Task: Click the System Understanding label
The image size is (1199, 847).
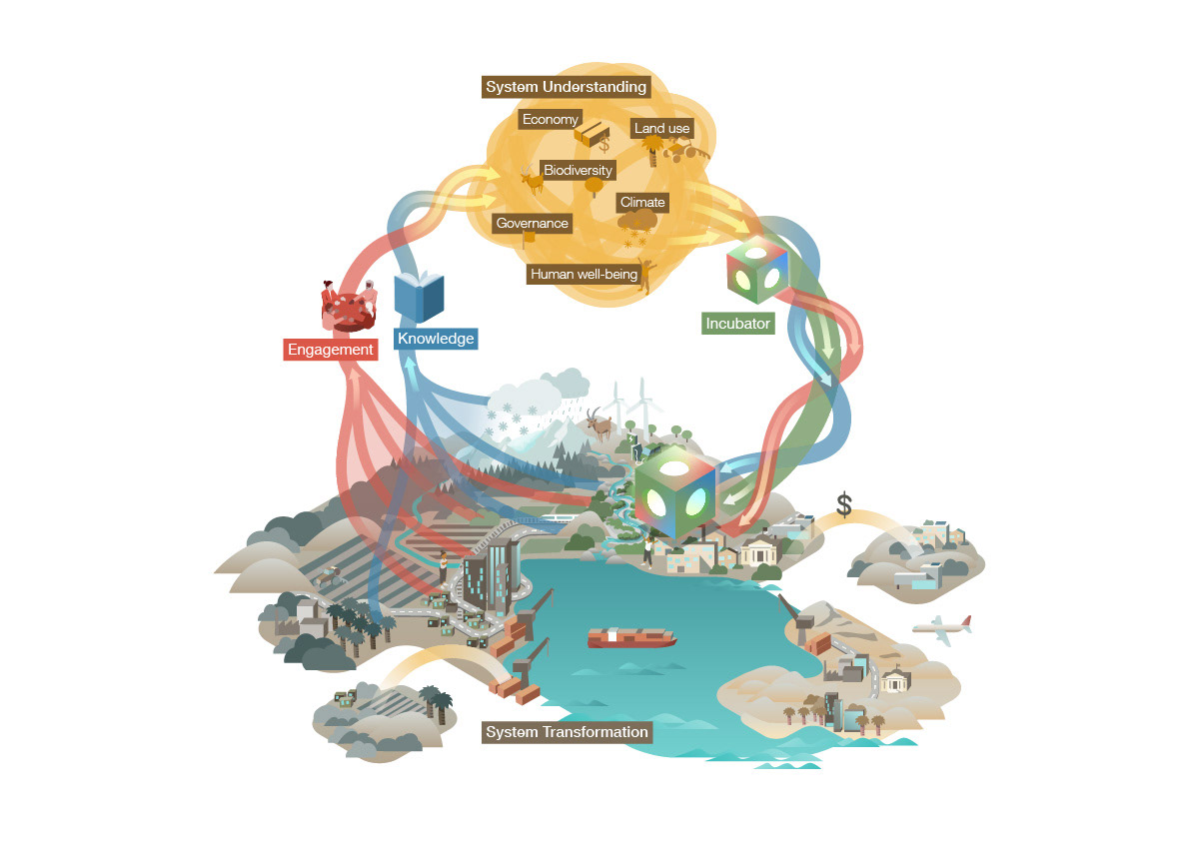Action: pyautogui.click(x=566, y=88)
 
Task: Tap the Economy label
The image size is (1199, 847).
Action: pyautogui.click(x=551, y=120)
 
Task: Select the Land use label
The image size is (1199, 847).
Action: pyautogui.click(x=661, y=129)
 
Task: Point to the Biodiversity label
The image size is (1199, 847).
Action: pyautogui.click(x=578, y=170)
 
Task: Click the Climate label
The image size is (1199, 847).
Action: pyautogui.click(x=641, y=202)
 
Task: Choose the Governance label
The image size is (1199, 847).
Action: pyautogui.click(x=532, y=223)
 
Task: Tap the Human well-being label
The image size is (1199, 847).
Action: pyautogui.click(x=584, y=274)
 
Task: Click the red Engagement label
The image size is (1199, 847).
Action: pyautogui.click(x=330, y=350)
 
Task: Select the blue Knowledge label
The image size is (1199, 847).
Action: pyautogui.click(x=436, y=339)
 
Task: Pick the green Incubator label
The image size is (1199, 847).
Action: pyautogui.click(x=738, y=324)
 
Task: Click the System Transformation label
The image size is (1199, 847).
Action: pyautogui.click(x=567, y=732)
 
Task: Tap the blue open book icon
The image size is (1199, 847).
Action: pyautogui.click(x=419, y=296)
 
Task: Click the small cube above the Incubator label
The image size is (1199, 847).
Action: pyautogui.click(x=757, y=271)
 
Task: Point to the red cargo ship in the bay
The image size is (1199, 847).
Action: pyautogui.click(x=630, y=637)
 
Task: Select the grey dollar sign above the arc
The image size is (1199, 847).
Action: pyautogui.click(x=844, y=505)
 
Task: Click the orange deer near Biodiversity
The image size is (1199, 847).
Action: pyautogui.click(x=531, y=181)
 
